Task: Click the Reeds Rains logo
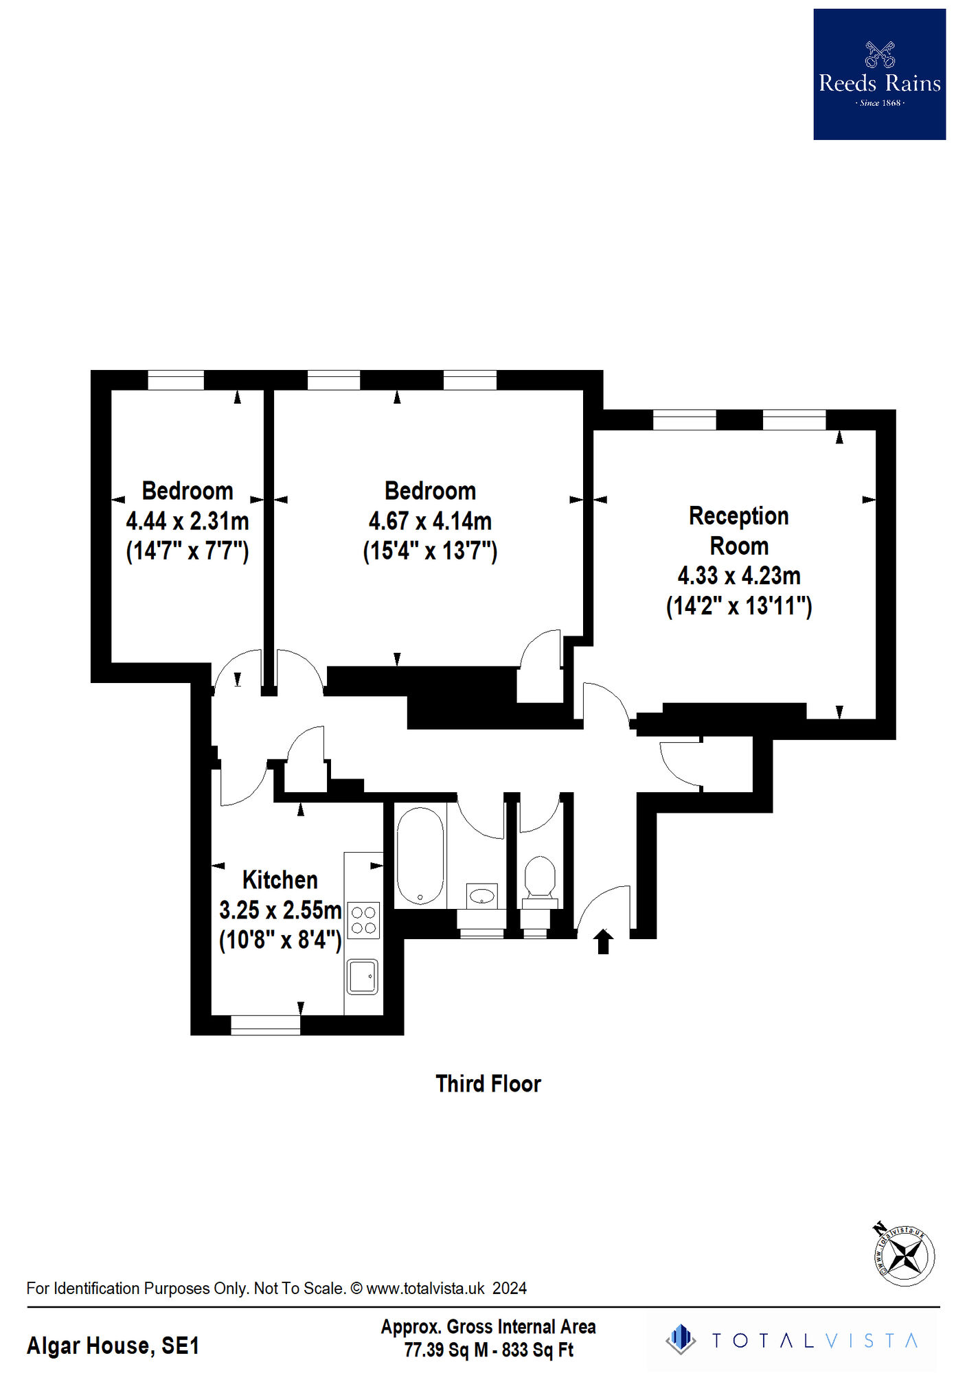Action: point(879,74)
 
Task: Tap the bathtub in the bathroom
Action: point(420,856)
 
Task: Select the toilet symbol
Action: point(540,877)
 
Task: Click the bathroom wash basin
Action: point(482,895)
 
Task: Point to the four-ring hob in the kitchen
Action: point(363,921)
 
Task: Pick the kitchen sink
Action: point(363,976)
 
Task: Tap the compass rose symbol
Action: point(905,1256)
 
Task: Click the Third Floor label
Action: point(488,1084)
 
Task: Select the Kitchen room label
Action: point(280,880)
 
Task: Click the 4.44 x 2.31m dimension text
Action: point(187,521)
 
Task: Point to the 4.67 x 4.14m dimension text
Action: point(430,521)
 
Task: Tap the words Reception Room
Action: point(739,531)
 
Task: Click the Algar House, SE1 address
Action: point(113,1346)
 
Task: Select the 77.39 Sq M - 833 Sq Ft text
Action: point(488,1350)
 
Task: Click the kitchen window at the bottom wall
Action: point(265,1025)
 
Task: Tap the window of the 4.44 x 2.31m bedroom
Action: point(176,380)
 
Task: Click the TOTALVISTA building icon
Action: point(681,1339)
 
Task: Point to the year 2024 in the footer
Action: point(510,1289)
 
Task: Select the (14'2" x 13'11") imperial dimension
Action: point(739,606)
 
